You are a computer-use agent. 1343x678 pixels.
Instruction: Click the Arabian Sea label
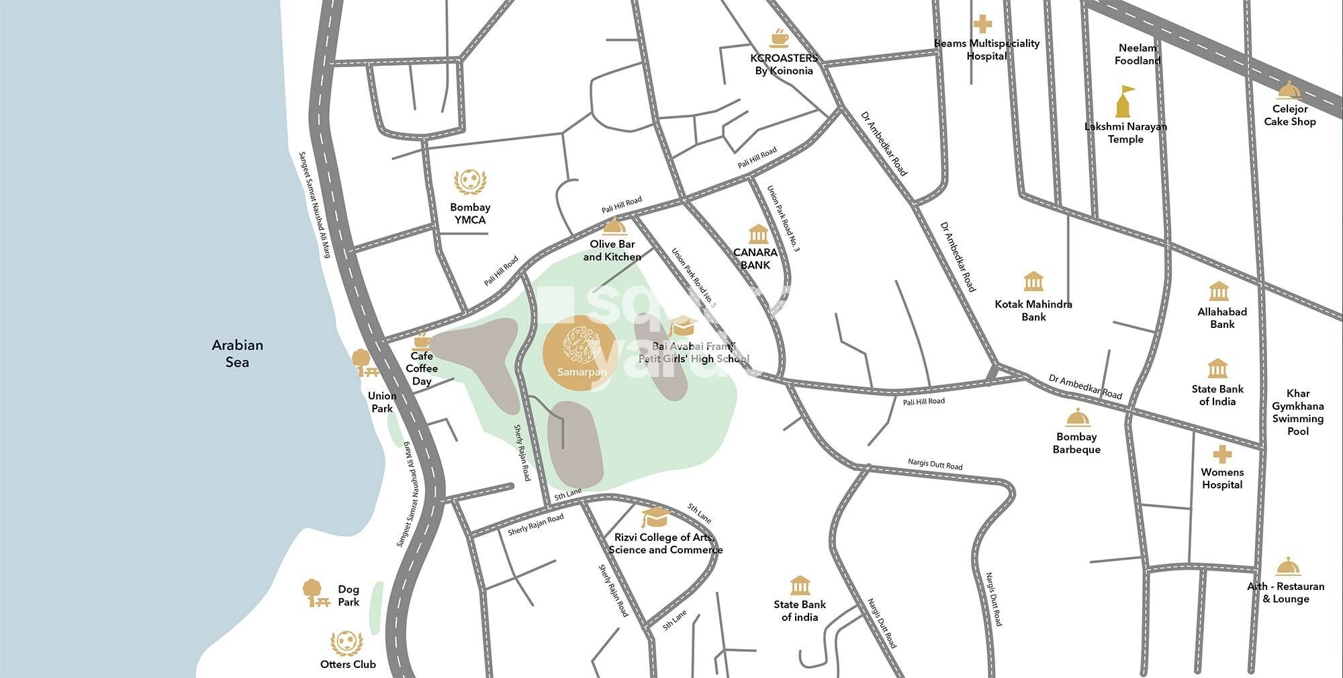tap(237, 353)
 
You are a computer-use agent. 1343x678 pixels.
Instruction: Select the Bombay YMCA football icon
tap(470, 182)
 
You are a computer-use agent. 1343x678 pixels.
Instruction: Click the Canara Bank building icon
tap(757, 235)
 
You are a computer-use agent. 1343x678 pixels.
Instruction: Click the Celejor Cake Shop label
tap(1289, 115)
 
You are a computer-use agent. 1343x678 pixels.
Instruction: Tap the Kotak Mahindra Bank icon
tap(1033, 282)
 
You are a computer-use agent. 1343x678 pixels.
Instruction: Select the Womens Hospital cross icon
tap(1222, 454)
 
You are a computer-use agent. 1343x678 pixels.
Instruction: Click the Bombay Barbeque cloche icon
tap(1077, 418)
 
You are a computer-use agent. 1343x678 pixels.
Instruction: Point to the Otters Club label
tap(348, 664)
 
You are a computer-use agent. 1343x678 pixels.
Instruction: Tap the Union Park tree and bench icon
tap(365, 363)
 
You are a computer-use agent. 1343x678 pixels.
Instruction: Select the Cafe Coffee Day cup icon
tap(421, 339)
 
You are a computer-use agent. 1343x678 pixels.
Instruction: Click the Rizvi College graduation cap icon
tap(655, 517)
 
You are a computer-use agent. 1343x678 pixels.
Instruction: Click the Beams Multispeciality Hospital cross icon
tap(982, 24)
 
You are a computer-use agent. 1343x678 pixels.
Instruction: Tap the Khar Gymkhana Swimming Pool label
tap(1297, 412)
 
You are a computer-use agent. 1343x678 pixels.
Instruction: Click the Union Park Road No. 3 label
tap(783, 219)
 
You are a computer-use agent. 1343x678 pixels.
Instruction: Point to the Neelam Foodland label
tap(1138, 54)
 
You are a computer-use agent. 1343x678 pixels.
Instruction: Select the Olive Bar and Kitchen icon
tap(614, 226)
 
